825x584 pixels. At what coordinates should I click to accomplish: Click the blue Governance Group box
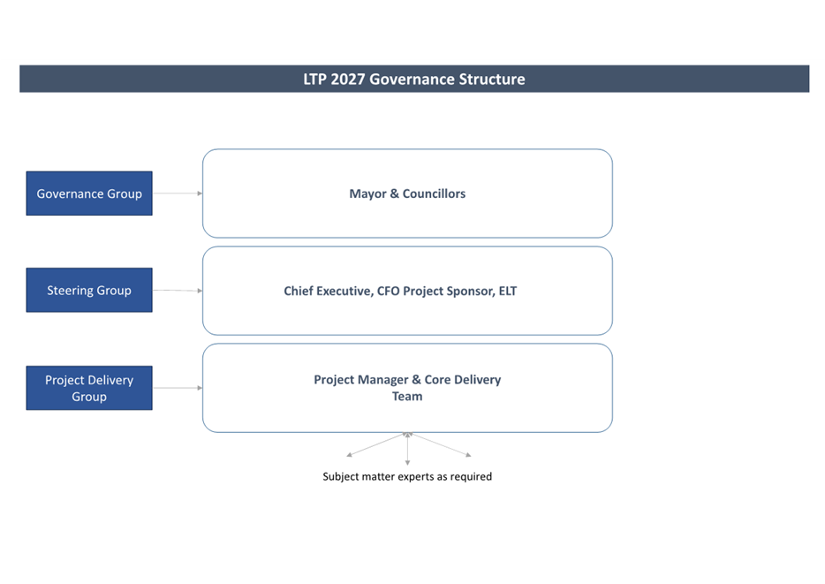tap(89, 193)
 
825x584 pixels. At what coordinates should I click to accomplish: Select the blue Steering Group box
tap(89, 290)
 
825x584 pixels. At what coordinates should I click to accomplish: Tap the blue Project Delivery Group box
tap(89, 388)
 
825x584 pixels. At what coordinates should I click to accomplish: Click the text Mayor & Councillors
tap(407, 193)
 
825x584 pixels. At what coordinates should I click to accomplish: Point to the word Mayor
tap(367, 193)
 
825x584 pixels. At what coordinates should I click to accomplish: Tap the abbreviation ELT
tap(506, 291)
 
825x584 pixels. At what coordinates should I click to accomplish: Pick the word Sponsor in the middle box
tap(465, 291)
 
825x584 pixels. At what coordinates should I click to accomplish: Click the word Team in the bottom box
tap(407, 397)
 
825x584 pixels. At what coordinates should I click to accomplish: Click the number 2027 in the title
tap(348, 80)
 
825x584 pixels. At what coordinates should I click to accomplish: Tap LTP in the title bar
tap(315, 80)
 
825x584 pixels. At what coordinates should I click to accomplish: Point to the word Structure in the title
tap(492, 80)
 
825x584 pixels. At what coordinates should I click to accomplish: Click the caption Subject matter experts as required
tap(407, 476)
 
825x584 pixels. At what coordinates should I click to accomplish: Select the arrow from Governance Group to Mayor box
tap(177, 193)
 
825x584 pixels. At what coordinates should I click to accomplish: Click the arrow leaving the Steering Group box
tap(177, 290)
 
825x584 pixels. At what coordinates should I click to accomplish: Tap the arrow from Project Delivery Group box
tap(177, 388)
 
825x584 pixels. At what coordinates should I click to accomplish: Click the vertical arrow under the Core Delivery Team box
tap(407, 449)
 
